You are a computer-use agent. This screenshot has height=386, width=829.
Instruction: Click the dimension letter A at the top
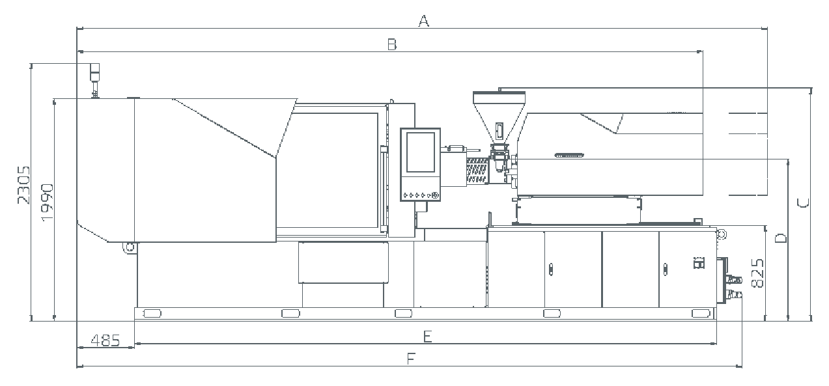[x=424, y=21]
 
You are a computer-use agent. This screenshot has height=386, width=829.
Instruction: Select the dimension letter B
[x=392, y=44]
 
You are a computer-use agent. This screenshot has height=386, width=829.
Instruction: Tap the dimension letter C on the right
[x=803, y=203]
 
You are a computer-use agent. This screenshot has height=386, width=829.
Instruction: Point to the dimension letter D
[x=781, y=238]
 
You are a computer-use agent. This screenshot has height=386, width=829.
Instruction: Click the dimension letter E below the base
[x=427, y=337]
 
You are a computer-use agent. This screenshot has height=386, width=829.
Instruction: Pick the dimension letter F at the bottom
[x=411, y=359]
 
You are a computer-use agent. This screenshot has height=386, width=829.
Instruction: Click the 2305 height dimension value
[x=23, y=185]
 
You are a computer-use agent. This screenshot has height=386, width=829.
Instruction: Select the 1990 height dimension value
[x=47, y=202]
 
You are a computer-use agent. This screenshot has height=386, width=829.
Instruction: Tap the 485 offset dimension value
[x=105, y=340]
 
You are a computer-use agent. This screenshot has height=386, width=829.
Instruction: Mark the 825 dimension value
[x=757, y=273]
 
